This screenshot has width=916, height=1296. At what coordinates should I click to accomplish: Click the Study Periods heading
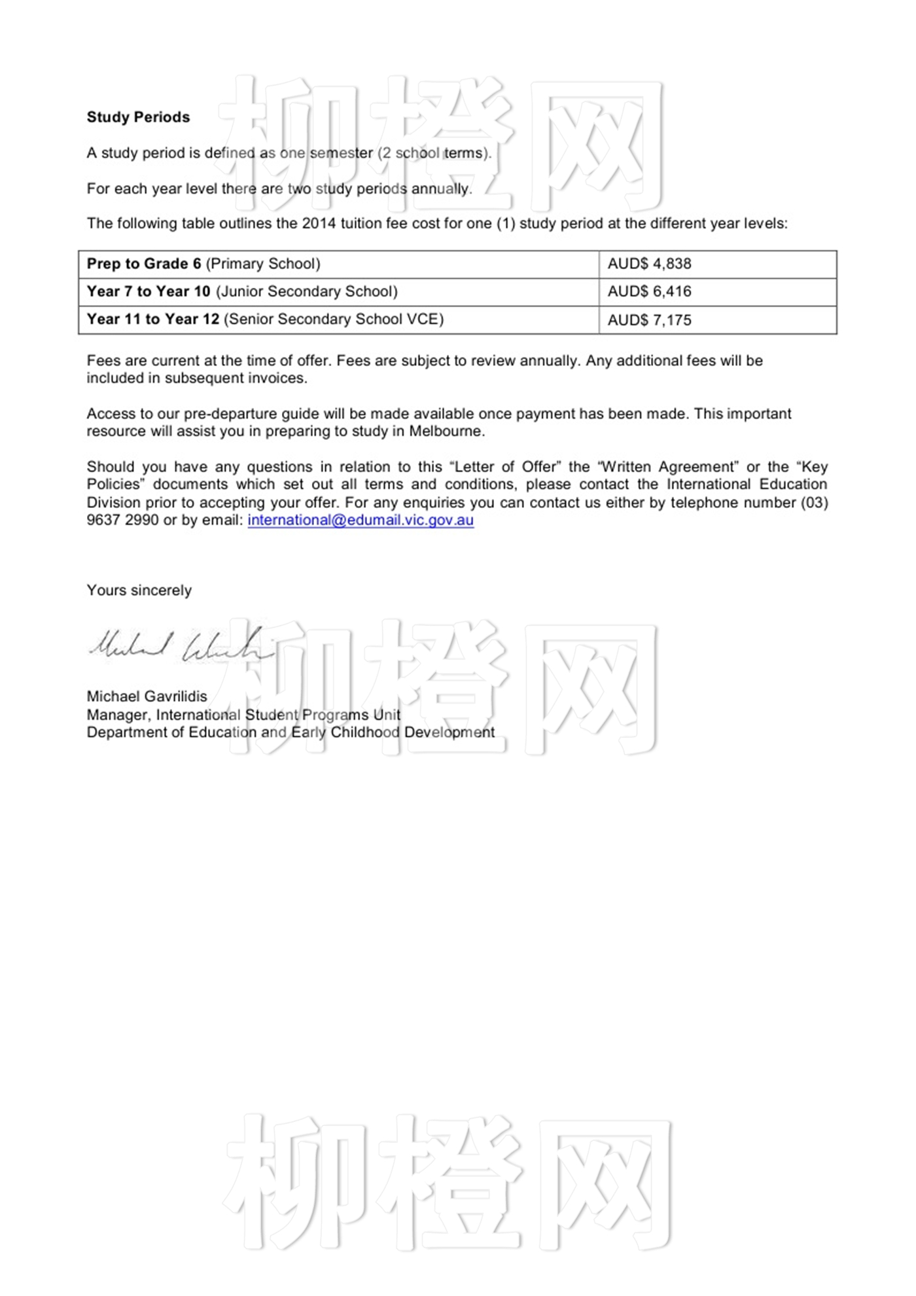138,117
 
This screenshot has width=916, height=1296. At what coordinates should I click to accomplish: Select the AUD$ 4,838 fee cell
649,264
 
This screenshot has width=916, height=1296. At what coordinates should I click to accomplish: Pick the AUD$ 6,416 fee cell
649,291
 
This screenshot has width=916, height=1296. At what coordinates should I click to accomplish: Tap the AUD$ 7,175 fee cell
649,320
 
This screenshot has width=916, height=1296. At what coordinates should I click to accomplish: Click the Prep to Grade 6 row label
144,264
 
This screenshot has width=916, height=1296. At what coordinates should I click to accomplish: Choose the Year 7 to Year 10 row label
149,291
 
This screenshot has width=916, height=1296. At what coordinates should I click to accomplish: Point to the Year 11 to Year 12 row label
153,319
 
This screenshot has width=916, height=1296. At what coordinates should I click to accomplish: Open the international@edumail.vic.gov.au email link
361,520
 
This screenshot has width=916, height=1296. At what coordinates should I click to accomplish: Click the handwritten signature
180,645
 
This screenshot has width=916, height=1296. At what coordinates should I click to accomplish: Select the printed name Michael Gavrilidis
147,696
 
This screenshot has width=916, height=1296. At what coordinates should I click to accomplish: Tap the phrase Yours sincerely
139,590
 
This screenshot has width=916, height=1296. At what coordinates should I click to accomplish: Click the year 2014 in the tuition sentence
319,224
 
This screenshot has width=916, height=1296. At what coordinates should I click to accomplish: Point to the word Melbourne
446,431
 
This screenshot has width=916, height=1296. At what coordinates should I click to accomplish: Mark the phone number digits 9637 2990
123,520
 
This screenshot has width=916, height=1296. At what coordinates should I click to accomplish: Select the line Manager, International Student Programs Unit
243,715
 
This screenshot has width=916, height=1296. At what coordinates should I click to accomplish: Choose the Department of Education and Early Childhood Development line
291,732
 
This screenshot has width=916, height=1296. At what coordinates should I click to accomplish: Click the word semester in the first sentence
341,153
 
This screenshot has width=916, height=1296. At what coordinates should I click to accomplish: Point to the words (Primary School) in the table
263,264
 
